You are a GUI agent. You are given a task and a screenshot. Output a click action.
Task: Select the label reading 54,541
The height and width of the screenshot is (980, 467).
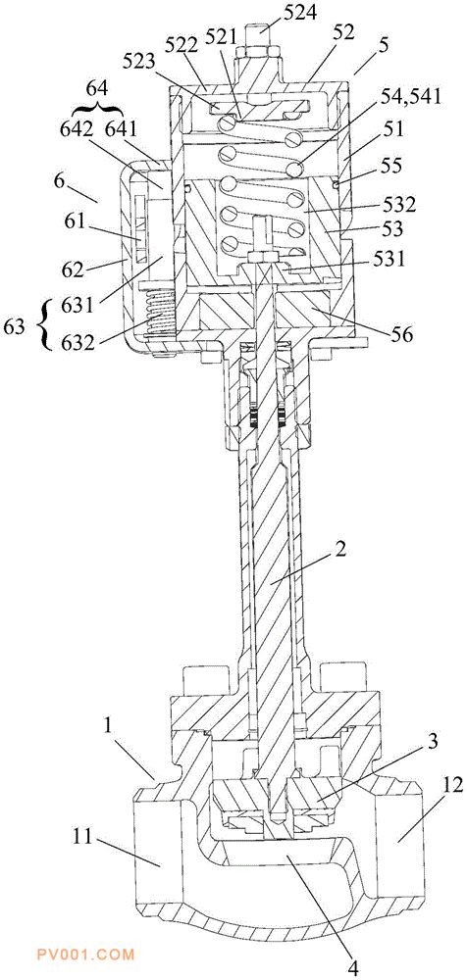click(411, 96)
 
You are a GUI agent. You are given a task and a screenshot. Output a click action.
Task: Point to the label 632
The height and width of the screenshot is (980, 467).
click(78, 342)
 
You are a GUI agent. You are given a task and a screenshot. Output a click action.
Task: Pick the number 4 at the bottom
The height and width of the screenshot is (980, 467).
click(354, 969)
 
